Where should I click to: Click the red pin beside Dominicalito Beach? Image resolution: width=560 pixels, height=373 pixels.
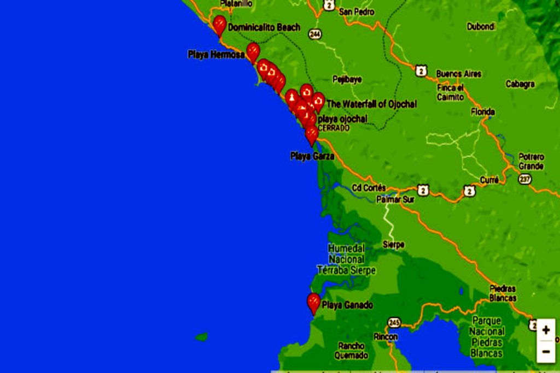click(219, 24)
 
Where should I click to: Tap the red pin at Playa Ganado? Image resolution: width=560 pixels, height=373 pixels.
click(313, 302)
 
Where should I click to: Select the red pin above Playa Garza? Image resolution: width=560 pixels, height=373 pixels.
click(312, 134)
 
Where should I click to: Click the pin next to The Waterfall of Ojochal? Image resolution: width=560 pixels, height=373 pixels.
click(318, 101)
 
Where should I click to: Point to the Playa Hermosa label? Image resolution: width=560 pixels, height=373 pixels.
click(215, 55)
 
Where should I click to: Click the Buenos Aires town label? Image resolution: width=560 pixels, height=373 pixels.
click(458, 74)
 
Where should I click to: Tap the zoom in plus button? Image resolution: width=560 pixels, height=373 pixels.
click(545, 330)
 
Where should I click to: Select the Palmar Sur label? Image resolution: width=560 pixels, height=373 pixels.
click(395, 199)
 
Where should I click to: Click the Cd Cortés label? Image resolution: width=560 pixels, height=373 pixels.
click(369, 188)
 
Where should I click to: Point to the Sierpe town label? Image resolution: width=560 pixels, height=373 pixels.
click(393, 245)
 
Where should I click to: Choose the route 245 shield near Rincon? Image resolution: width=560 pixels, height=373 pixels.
click(393, 322)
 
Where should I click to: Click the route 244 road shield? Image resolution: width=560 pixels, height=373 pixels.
click(314, 34)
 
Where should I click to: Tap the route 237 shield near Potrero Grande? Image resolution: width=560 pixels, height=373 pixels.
click(526, 179)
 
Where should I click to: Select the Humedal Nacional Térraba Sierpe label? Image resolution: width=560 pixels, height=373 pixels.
click(346, 259)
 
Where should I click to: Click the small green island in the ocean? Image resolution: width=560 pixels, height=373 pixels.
click(202, 337)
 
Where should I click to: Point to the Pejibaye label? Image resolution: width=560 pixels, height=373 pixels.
click(347, 80)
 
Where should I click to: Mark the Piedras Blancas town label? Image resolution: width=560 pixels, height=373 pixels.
click(503, 293)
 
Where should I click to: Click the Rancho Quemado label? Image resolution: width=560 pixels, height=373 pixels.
click(351, 351)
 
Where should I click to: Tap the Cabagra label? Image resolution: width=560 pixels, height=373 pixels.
click(520, 84)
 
